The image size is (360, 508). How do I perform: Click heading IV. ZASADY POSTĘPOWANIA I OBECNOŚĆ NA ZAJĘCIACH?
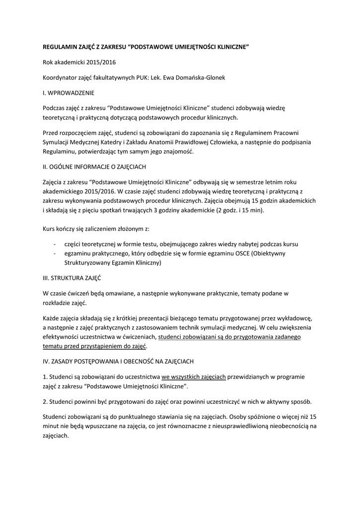pos(122,361)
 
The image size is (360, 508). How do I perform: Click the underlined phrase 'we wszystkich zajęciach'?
pos(194,377)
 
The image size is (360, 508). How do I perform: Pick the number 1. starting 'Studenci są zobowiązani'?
pos(45,377)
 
